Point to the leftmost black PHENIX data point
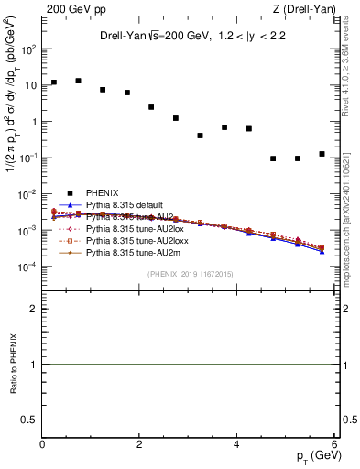[54, 82]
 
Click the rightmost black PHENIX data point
[322, 154]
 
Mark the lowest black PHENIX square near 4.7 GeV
[273, 158]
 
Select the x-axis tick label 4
[237, 444]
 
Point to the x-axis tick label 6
[334, 444]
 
